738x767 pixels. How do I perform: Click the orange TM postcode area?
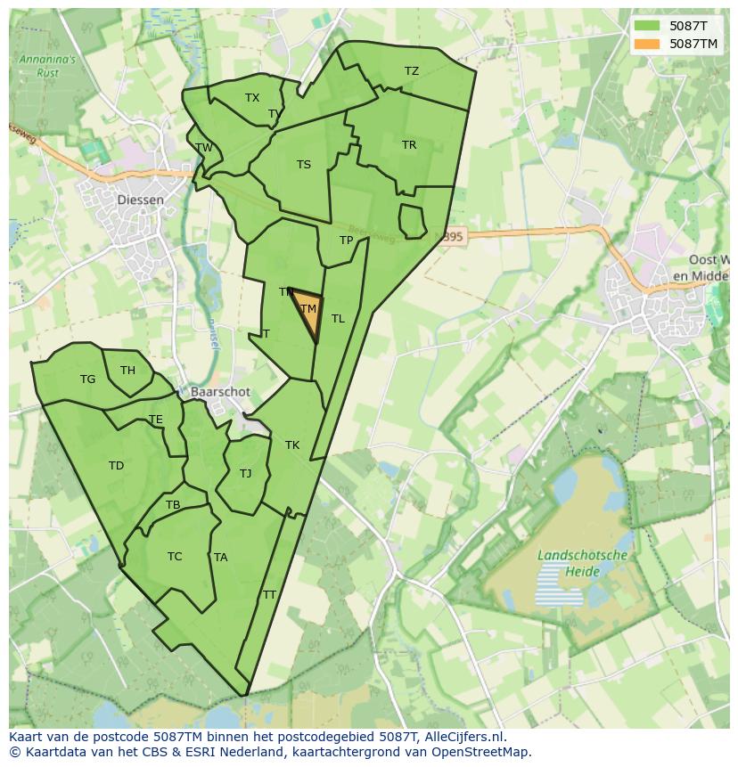pyautogui.click(x=308, y=311)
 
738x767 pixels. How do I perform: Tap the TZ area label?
pyautogui.click(x=411, y=71)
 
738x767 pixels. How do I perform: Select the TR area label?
pyautogui.click(x=409, y=145)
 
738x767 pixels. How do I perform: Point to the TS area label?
pyautogui.click(x=304, y=165)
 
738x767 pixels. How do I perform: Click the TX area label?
pyautogui.click(x=252, y=98)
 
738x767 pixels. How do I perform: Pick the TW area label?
pyautogui.click(x=204, y=148)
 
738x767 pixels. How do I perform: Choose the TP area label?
pyautogui.click(x=347, y=241)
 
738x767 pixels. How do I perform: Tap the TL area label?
pyautogui.click(x=338, y=319)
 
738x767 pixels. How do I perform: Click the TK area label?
pyautogui.click(x=292, y=445)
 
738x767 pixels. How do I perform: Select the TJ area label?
pyautogui.click(x=245, y=474)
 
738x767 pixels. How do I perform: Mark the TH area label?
pyautogui.click(x=127, y=371)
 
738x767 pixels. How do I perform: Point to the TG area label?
pyautogui.click(x=87, y=379)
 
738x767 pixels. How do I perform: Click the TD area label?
pyautogui.click(x=116, y=466)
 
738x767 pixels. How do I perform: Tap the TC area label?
pyautogui.click(x=175, y=557)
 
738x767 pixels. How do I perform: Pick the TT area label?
pyautogui.click(x=269, y=595)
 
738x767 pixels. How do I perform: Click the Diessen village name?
pyautogui.click(x=141, y=200)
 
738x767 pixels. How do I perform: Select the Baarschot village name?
pyautogui.click(x=220, y=392)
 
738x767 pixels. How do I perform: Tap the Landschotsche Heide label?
pyautogui.click(x=583, y=563)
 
